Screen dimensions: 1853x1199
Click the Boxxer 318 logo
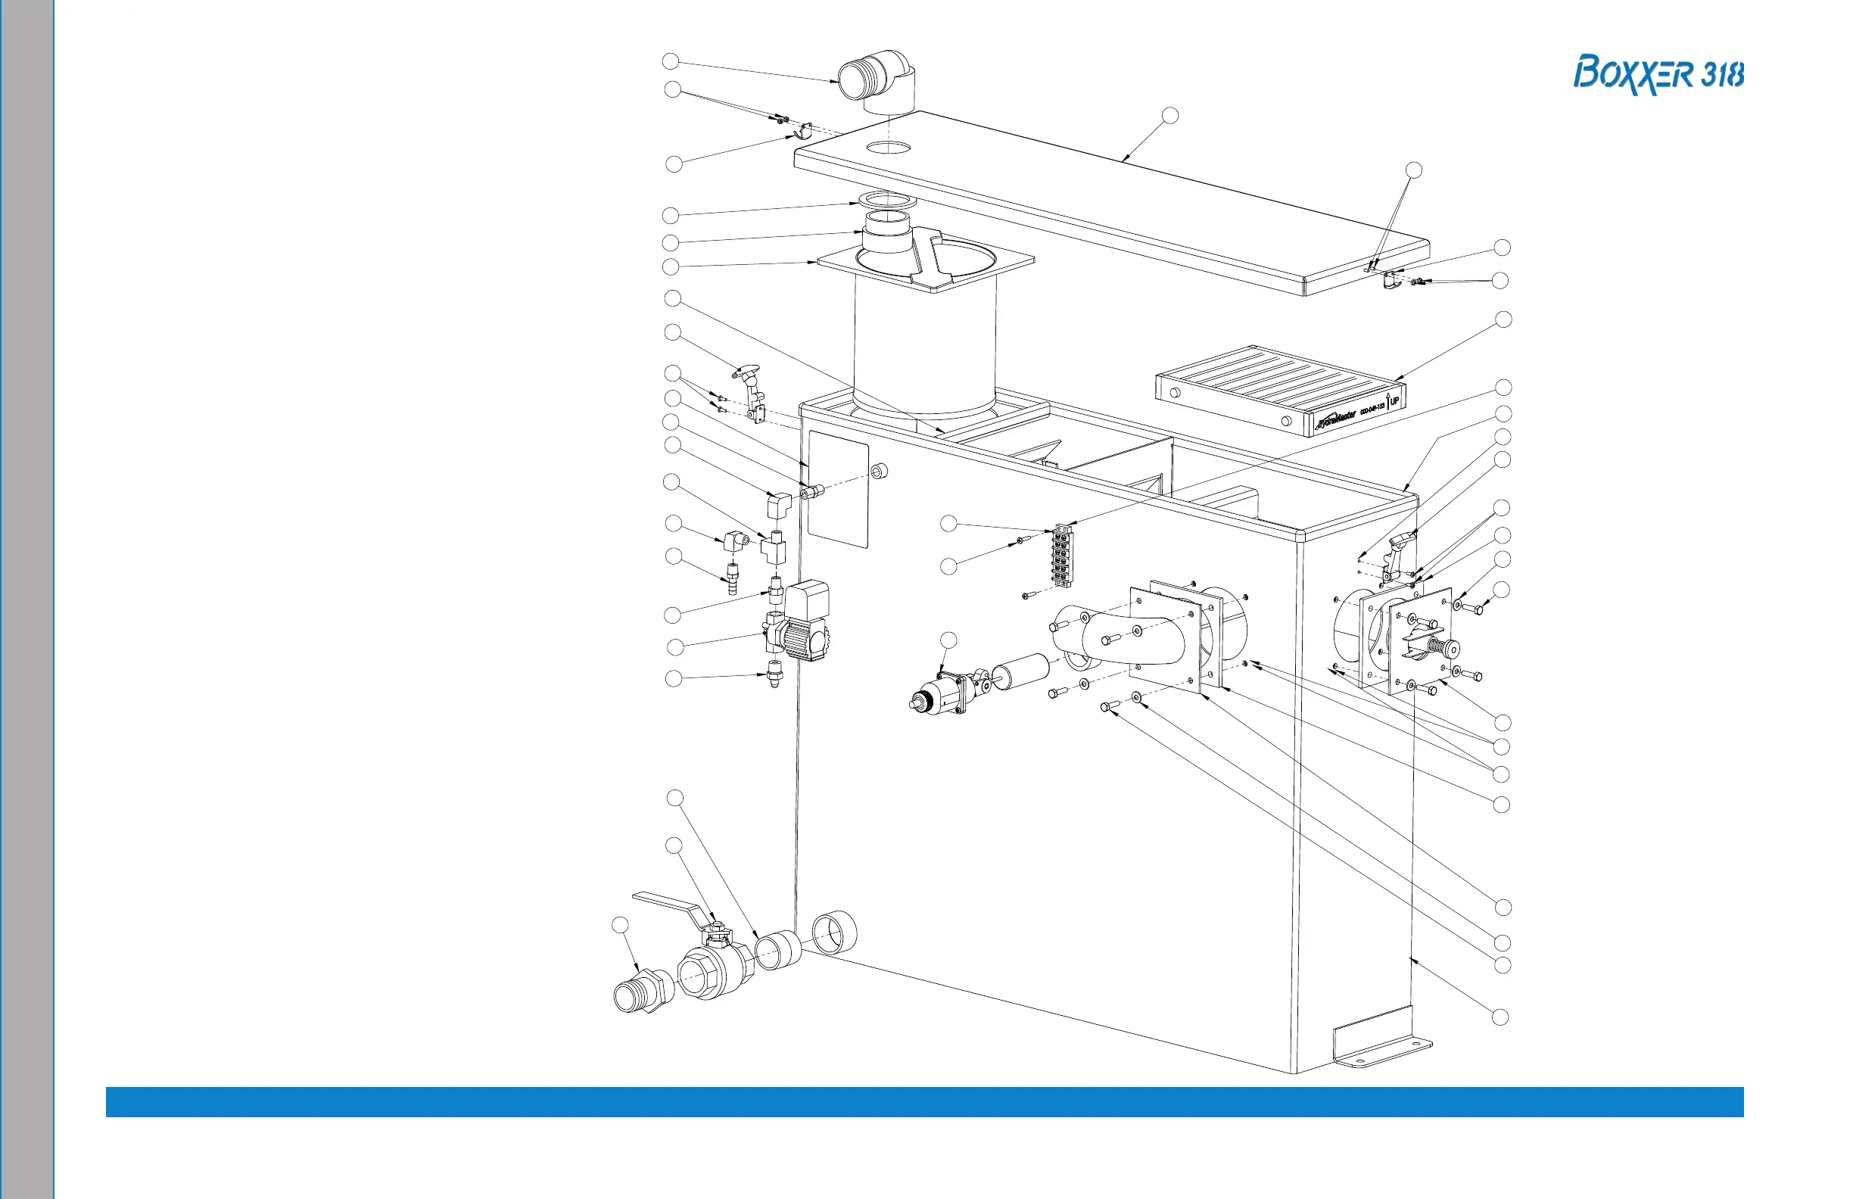[1658, 75]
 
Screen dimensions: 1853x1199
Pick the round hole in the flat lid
[889, 146]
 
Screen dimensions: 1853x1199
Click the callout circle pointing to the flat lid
[1169, 116]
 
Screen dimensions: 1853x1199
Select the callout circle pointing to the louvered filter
[1503, 319]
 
